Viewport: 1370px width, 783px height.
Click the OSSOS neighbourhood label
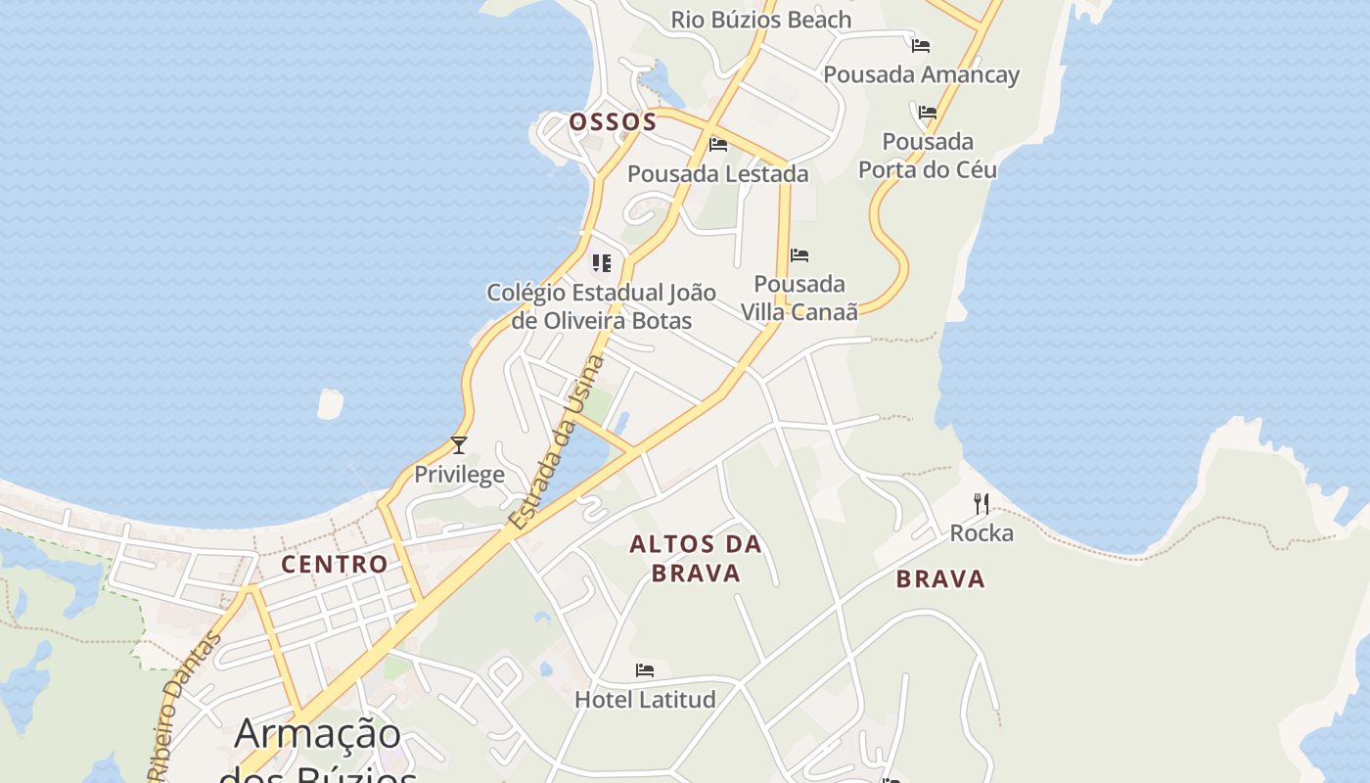[613, 122]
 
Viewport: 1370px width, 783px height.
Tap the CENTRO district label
[335, 564]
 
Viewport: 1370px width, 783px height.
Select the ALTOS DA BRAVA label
[696, 559]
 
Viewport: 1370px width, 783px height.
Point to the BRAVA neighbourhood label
[940, 579]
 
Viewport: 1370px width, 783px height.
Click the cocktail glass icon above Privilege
[458, 445]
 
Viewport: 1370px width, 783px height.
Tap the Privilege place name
[459, 475]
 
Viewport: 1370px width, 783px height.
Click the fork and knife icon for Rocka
[982, 504]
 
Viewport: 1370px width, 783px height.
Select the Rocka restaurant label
[982, 533]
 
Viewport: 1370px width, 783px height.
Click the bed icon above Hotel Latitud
[645, 670]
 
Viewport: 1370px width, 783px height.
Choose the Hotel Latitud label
[645, 700]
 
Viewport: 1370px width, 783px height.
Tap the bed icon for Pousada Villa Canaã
[799, 255]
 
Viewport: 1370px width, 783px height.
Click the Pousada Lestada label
[717, 174]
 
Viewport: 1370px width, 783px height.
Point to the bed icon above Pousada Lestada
[718, 145]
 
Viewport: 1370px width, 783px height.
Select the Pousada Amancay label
[921, 74]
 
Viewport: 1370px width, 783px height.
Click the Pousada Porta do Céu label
[928, 156]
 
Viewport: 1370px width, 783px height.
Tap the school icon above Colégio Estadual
[602, 262]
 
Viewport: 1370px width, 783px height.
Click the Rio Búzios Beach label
[760, 20]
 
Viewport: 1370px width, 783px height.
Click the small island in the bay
[331, 403]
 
